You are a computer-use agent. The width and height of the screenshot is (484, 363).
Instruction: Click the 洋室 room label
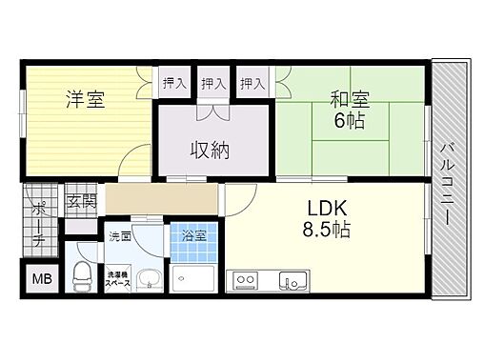pos(85,99)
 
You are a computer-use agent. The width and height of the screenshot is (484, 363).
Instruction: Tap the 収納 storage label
pos(212,150)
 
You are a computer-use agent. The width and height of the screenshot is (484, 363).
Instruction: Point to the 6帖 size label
pos(348,122)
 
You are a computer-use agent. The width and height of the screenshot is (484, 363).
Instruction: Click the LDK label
pos(325,207)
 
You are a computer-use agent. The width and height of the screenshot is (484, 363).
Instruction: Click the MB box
pos(42,279)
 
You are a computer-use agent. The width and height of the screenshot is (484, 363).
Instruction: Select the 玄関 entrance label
pos(81,201)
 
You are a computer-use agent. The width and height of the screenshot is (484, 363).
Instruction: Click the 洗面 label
pos(119,234)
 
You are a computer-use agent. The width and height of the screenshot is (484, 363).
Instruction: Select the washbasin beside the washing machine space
pos(149,280)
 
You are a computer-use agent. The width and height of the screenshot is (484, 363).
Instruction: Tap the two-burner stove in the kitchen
pos(246,281)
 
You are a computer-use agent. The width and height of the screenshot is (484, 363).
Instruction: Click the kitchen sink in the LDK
pos(290,281)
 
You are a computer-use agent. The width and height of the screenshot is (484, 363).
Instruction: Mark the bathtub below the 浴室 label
pos(194,277)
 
